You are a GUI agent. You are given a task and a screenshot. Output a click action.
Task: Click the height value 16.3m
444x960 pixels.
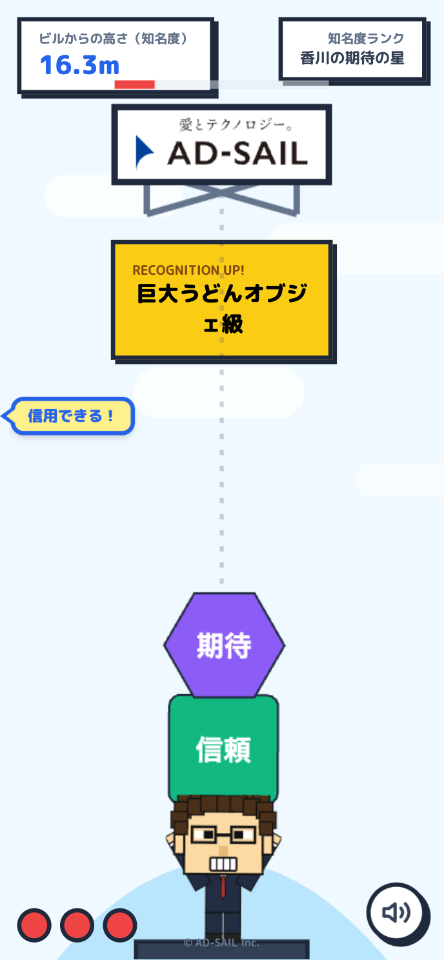(79, 65)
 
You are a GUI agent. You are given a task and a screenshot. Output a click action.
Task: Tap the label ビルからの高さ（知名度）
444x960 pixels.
(114, 39)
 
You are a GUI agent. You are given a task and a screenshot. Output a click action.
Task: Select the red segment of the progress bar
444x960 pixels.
(134, 85)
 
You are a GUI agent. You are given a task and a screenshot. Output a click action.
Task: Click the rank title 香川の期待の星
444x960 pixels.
(352, 58)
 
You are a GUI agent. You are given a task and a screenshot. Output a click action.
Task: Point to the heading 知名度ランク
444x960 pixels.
(365, 39)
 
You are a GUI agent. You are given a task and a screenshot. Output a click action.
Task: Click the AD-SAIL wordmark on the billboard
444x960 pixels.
(237, 154)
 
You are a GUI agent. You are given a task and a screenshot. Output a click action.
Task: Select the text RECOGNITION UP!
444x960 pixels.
(188, 270)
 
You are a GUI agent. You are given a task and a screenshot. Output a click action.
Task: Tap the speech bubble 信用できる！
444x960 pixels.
(72, 416)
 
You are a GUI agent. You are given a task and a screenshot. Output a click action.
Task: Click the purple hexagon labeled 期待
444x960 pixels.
(223, 645)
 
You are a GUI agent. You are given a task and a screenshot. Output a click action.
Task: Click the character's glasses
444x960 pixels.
(223, 835)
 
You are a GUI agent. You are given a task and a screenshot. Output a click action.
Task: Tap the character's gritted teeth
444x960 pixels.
(223, 863)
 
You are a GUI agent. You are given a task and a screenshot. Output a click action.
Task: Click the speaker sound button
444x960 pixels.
(396, 912)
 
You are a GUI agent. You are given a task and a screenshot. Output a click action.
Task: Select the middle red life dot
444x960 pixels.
(77, 925)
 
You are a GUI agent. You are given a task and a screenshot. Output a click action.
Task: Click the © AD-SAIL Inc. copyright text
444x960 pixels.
(221, 943)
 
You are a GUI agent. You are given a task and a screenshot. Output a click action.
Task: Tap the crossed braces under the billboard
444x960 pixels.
(221, 198)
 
